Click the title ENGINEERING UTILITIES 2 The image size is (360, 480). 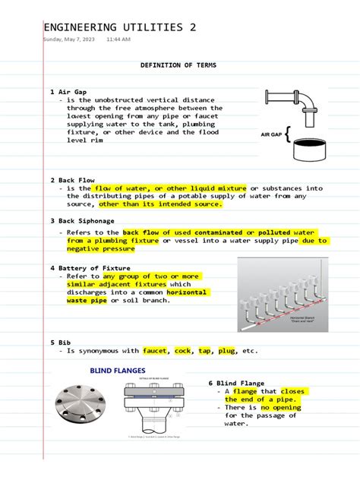[x=119, y=27]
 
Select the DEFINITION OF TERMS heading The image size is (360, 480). [x=178, y=66]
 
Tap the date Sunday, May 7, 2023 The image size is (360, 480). [x=69, y=39]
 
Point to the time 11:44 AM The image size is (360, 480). [x=118, y=39]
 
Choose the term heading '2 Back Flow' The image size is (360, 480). [x=72, y=181]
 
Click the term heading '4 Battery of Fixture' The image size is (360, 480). [x=90, y=268]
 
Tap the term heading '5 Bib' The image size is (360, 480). [x=62, y=343]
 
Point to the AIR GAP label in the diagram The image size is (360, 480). [x=272, y=134]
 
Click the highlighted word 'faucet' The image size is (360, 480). [x=154, y=351]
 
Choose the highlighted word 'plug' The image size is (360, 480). [x=227, y=351]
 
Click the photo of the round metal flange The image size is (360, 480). [x=79, y=408]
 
